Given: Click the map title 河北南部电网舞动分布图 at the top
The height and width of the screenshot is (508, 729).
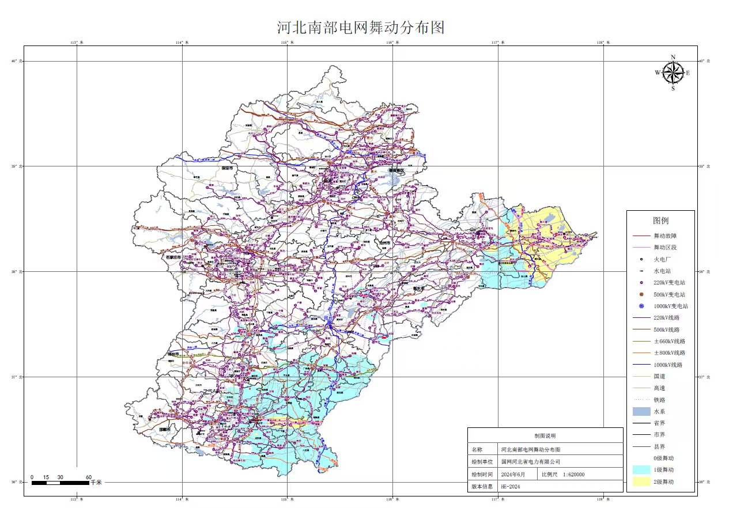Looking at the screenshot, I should click(361, 27).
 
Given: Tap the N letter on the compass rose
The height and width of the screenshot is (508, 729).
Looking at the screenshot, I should click(673, 57).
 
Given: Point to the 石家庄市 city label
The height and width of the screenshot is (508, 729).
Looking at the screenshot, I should click(173, 257).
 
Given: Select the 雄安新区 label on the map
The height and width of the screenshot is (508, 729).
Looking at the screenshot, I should click(397, 172).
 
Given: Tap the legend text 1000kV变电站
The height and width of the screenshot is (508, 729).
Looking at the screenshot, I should click(670, 306).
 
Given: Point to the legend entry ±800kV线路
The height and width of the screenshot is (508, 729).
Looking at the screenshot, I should click(669, 353).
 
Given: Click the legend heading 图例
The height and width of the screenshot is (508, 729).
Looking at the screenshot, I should click(660, 221).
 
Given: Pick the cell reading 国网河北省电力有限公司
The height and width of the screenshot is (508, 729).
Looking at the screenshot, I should click(530, 461).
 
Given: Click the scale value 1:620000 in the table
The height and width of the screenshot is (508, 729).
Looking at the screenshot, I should click(571, 475).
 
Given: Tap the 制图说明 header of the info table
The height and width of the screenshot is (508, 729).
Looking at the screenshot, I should click(545, 436).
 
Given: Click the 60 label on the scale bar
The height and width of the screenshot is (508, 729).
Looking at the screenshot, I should click(88, 477).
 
